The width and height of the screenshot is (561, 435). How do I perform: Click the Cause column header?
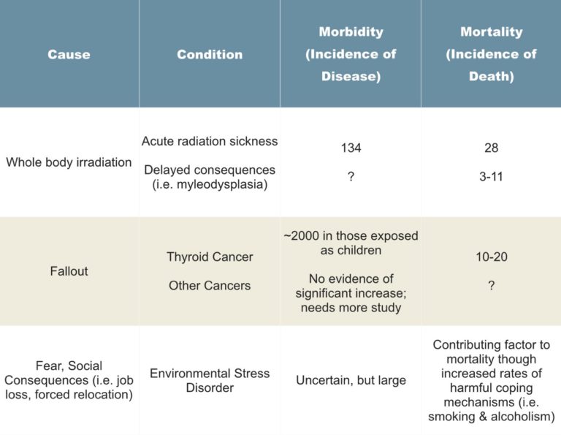(69, 54)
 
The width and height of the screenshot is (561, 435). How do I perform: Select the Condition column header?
(210, 54)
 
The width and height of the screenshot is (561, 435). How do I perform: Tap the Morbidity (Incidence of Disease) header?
(351, 54)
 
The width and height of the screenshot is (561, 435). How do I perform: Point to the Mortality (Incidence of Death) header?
(491, 54)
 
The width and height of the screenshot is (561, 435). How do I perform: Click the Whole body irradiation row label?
(69, 162)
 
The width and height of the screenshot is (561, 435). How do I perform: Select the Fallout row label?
(69, 271)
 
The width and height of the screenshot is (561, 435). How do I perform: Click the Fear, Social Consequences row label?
(69, 381)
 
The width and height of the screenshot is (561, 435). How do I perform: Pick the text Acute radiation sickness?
(210, 140)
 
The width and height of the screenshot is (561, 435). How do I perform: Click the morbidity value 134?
(351, 148)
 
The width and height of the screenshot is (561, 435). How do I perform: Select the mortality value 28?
(491, 148)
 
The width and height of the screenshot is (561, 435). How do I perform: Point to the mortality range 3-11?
(491, 176)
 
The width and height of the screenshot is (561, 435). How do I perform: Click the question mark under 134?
(351, 176)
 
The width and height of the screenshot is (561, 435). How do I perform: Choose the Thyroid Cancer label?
(210, 257)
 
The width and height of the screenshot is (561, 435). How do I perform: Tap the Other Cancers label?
(210, 285)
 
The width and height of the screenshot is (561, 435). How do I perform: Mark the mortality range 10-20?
(491, 257)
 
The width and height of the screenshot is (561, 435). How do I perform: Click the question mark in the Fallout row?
(491, 285)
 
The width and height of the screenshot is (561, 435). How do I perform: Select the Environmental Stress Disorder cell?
(210, 381)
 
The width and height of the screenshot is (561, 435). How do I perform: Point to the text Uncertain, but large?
(351, 381)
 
